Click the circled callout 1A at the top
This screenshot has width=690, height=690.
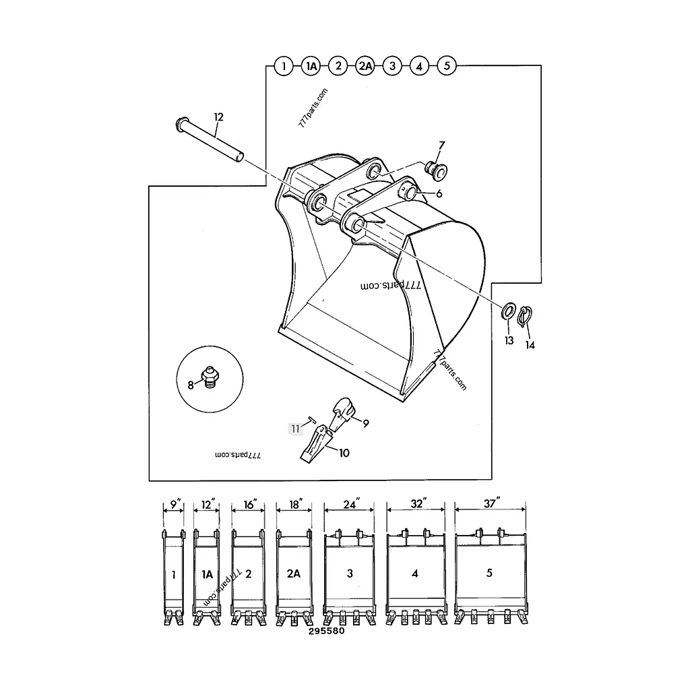click(x=311, y=67)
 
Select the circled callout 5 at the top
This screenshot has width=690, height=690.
click(x=447, y=66)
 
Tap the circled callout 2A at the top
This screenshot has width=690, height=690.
click(x=365, y=67)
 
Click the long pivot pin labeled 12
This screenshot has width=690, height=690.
click(x=210, y=139)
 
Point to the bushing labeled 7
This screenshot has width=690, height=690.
click(x=436, y=170)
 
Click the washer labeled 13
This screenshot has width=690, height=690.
click(x=509, y=311)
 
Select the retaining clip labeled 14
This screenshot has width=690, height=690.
click(x=525, y=317)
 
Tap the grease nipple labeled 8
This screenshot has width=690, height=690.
click(x=210, y=376)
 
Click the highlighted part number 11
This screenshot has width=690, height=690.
click(x=295, y=429)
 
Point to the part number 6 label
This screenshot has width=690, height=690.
click(x=439, y=193)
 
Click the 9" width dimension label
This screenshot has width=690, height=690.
click(x=176, y=504)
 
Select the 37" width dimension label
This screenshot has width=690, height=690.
click(x=491, y=503)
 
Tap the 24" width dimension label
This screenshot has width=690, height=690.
click(x=351, y=503)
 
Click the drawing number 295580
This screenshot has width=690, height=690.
click(x=327, y=631)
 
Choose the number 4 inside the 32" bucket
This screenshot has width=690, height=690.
click(x=415, y=573)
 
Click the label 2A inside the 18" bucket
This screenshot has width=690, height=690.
click(x=294, y=573)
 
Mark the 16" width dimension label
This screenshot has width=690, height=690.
click(x=250, y=504)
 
